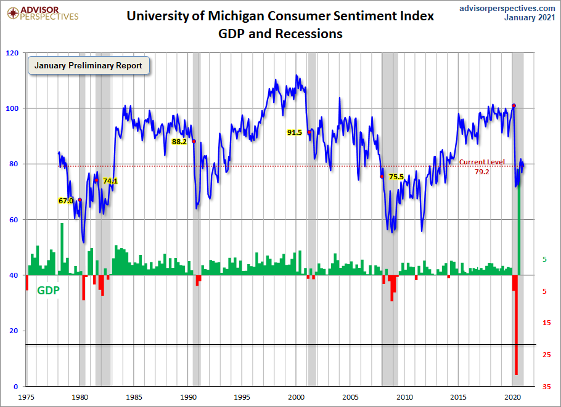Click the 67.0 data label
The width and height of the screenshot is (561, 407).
(66, 201)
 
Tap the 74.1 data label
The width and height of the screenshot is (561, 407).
(110, 181)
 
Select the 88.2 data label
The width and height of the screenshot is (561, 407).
(179, 141)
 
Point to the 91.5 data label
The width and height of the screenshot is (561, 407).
(295, 132)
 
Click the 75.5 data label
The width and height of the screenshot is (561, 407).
(396, 177)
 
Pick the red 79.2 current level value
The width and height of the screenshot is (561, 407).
(481, 172)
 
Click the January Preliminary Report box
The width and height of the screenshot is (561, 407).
(88, 65)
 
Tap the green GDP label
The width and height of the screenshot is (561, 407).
(49, 291)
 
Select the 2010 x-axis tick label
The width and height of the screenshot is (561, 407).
(405, 397)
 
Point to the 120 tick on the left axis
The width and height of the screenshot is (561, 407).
(12, 53)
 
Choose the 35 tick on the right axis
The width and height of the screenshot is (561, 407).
(546, 387)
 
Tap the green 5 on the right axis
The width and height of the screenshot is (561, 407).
(544, 260)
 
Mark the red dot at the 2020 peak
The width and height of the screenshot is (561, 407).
(514, 106)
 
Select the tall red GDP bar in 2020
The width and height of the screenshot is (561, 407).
(515, 332)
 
